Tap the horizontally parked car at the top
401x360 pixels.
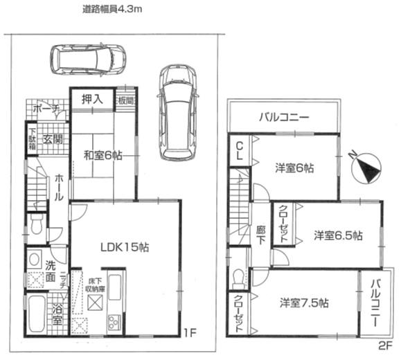(87, 60)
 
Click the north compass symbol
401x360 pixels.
(368, 167)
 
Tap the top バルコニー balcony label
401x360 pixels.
(284, 117)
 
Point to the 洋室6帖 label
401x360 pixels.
(294, 168)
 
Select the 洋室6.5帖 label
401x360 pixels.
(337, 235)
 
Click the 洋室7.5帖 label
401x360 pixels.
(304, 303)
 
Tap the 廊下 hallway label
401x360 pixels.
(260, 235)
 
